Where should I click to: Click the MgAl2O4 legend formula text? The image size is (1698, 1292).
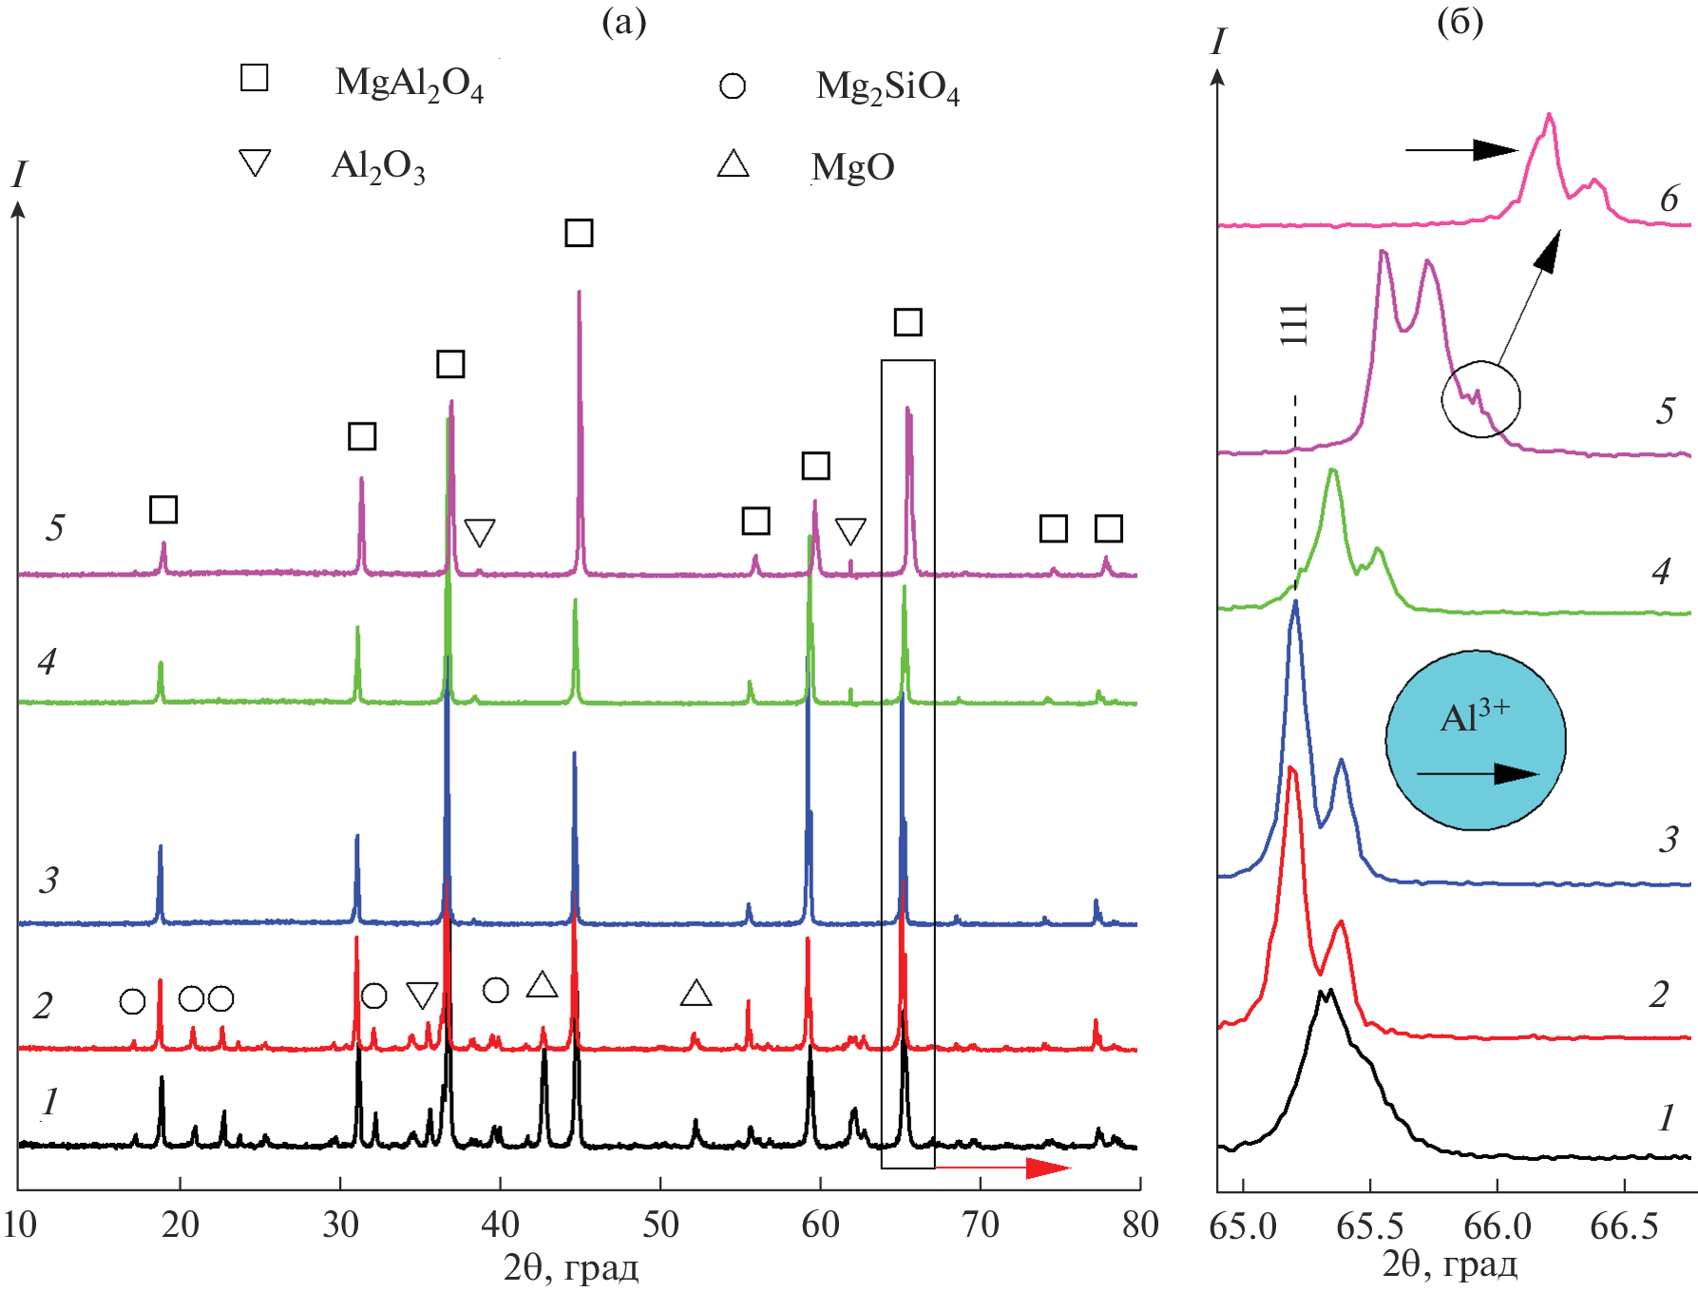click(409, 84)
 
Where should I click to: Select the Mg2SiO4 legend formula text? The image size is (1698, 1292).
click(887, 86)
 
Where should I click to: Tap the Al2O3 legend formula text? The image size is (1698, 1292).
click(377, 166)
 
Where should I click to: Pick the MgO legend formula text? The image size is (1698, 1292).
click(853, 167)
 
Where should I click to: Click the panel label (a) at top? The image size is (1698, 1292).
click(623, 21)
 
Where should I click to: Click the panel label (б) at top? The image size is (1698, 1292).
click(1460, 21)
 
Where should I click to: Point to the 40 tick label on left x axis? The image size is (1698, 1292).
click(500, 1225)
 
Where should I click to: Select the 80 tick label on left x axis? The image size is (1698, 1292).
click(1139, 1225)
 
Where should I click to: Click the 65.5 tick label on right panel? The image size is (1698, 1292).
click(1369, 1226)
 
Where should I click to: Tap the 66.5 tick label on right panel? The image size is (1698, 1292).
click(1624, 1226)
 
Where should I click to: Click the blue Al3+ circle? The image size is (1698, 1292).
click(1476, 740)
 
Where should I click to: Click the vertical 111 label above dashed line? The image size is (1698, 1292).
click(1294, 325)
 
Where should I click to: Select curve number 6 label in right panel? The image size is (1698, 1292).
click(1669, 199)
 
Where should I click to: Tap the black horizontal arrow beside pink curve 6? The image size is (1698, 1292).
click(1461, 150)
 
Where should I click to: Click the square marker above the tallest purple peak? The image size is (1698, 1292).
click(579, 233)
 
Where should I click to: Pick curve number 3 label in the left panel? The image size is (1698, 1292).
click(48, 881)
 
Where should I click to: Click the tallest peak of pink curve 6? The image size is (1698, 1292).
click(1550, 117)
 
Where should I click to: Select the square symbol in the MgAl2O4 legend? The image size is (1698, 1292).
click(255, 78)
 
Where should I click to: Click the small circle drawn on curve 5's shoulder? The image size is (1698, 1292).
click(1480, 399)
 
